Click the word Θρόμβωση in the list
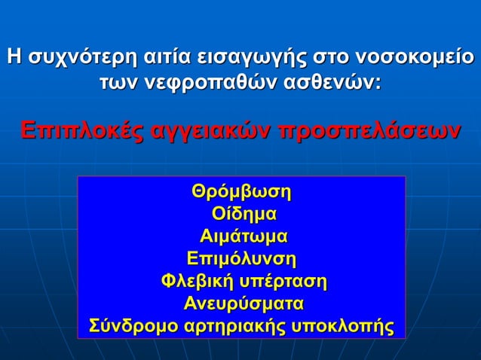[x=241, y=189]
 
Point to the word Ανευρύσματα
[x=244, y=304]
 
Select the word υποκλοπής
[x=348, y=328]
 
